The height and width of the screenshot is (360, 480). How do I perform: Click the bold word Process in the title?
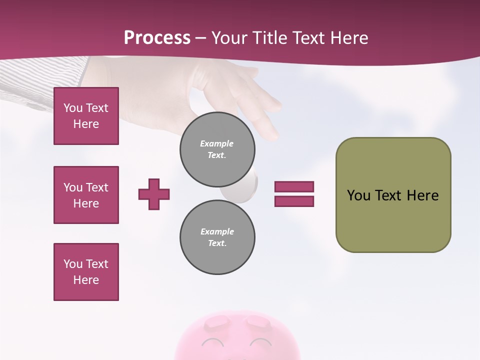click(x=157, y=37)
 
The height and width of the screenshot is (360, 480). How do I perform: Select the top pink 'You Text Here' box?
click(x=86, y=116)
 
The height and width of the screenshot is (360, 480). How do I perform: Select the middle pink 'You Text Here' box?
click(x=86, y=195)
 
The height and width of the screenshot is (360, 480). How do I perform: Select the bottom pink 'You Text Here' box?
click(x=86, y=272)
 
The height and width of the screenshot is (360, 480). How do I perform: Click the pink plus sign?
click(x=154, y=194)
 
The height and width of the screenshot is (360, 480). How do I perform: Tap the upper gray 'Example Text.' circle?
click(x=217, y=149)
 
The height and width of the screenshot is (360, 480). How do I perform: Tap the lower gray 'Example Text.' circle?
click(x=217, y=237)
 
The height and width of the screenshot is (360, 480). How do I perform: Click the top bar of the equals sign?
click(x=294, y=186)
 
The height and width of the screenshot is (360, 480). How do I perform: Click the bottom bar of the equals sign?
click(x=294, y=201)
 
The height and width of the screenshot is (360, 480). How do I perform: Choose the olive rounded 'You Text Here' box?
click(x=393, y=195)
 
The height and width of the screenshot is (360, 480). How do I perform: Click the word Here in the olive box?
click(x=422, y=195)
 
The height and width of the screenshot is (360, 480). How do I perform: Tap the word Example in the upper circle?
click(x=216, y=143)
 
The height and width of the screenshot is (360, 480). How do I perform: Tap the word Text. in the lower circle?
click(x=217, y=243)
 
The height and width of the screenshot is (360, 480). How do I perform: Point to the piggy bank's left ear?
click(x=216, y=322)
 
